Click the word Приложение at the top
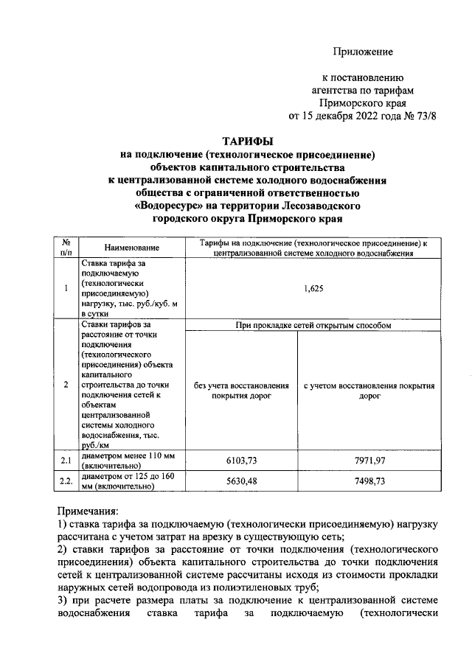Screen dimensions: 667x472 pyautogui.click(x=362, y=51)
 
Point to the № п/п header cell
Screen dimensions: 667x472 pyautogui.click(x=66, y=248)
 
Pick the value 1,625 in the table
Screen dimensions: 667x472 pyautogui.click(x=314, y=290)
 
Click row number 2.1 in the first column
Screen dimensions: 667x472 pyautogui.click(x=66, y=461)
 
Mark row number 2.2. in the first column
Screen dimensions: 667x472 pyautogui.click(x=66, y=481)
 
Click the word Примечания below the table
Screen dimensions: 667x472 pyautogui.click(x=93, y=510)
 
